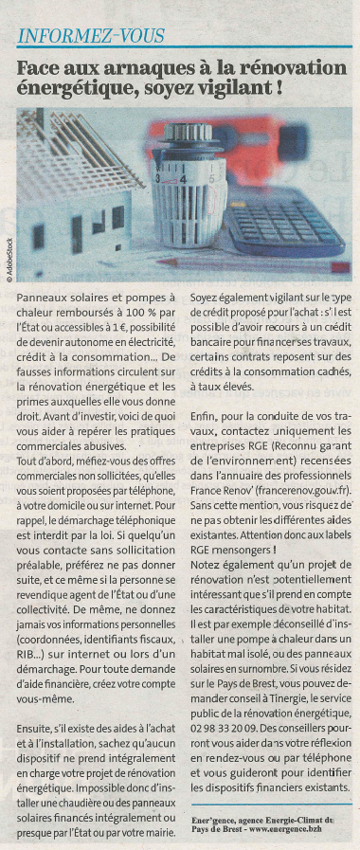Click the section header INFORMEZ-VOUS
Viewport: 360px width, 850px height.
click(92, 37)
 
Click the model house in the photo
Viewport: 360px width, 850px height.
click(76, 204)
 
